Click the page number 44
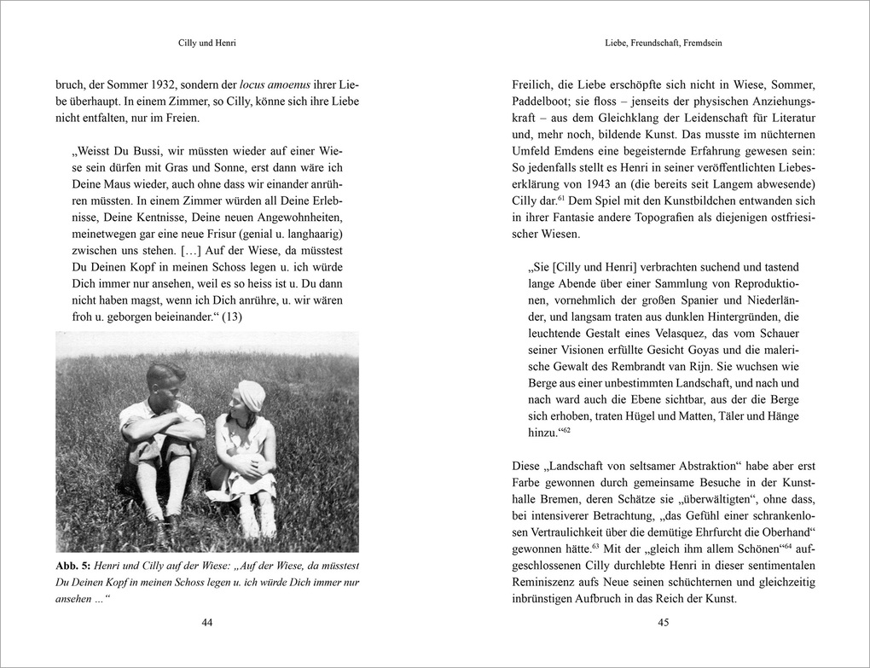(206, 622)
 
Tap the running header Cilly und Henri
(206, 43)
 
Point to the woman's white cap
(252, 394)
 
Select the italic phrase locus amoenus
(276, 84)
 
